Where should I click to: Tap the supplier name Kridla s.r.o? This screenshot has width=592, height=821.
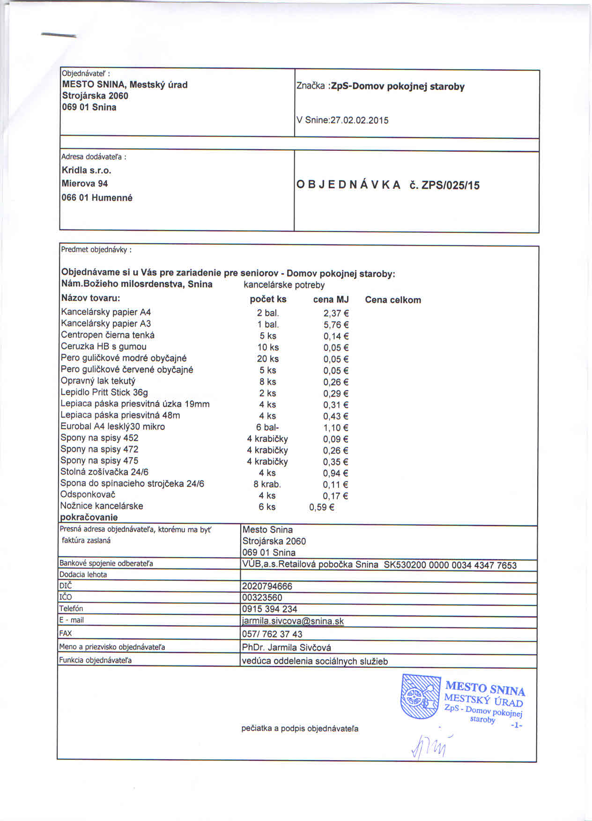[87, 170]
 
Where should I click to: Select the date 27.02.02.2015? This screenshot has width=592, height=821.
[360, 120]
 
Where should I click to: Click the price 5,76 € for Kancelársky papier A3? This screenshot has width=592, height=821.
[336, 325]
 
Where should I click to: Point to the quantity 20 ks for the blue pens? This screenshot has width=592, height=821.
[268, 359]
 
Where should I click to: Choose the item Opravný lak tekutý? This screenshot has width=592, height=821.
[98, 381]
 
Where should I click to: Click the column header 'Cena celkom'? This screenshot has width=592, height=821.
[392, 300]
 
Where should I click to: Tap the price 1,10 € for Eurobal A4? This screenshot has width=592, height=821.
[336, 427]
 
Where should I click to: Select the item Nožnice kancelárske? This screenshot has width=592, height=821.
[102, 506]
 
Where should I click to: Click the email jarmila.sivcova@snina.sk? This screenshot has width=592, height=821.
[293, 621]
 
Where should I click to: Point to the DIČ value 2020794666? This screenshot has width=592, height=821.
[267, 586]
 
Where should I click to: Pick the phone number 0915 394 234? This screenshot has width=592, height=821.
[269, 609]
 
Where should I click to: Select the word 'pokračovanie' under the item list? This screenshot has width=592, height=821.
[89, 517]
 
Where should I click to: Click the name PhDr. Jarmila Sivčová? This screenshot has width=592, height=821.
[286, 648]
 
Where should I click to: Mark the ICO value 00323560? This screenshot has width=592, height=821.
[262, 597]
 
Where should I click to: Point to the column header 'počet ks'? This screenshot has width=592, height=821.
[268, 299]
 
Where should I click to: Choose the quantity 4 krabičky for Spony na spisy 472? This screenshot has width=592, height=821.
[267, 450]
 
